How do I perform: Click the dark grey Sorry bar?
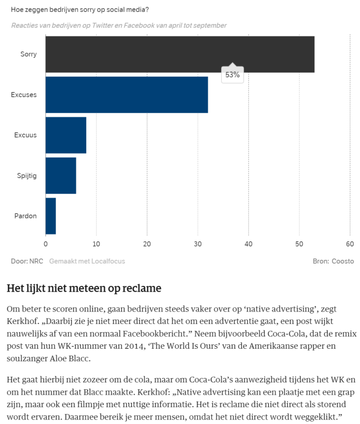point(180,54)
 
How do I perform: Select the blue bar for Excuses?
point(126,95)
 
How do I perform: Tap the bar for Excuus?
point(65,135)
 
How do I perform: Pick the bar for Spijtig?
point(60,175)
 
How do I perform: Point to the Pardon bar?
point(51,216)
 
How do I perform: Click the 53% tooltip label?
point(233,75)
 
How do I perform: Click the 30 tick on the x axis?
point(198,244)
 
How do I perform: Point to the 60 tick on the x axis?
point(350,244)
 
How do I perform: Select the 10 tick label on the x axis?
point(96,244)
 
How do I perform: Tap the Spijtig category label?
point(27,175)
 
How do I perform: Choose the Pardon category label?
point(26,216)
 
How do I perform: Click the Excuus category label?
point(26,135)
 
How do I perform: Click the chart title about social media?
point(80,8)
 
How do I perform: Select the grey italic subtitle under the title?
point(119,25)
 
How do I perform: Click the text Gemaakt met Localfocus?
point(87,261)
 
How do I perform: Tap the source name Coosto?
point(343,261)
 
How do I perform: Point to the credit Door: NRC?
point(27,261)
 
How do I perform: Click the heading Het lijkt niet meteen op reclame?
point(84,288)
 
